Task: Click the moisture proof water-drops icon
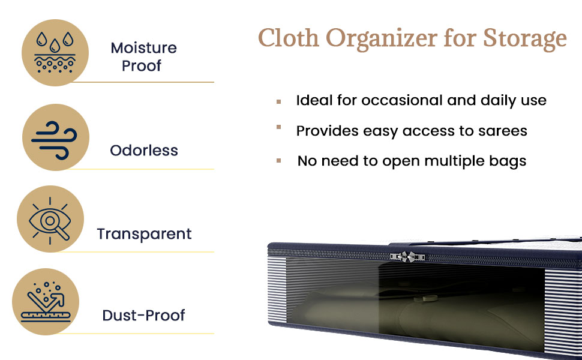(x=55, y=53)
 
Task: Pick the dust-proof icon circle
(x=46, y=302)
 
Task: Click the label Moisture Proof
(x=143, y=57)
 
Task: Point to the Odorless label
(x=144, y=151)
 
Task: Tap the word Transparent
(x=145, y=234)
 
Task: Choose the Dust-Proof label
(x=143, y=316)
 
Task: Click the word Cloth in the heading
(x=289, y=38)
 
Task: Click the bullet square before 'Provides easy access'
(x=279, y=127)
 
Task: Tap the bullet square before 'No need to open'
(x=279, y=161)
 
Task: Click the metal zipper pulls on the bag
(x=407, y=256)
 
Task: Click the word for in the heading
(x=460, y=38)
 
